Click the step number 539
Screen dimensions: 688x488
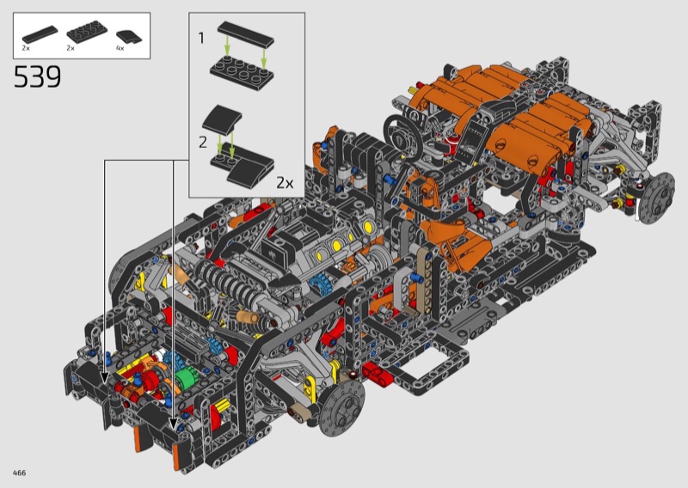37,77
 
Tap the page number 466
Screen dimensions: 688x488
19,473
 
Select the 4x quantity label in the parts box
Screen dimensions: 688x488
120,48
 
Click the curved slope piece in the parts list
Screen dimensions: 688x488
130,36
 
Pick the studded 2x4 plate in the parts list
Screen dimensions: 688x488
87,34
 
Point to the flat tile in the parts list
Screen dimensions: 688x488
40,34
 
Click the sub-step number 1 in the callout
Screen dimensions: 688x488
201,38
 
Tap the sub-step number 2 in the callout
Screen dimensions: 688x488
203,143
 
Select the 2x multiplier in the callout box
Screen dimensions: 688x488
285,183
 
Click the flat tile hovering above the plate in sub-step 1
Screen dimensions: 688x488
246,34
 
